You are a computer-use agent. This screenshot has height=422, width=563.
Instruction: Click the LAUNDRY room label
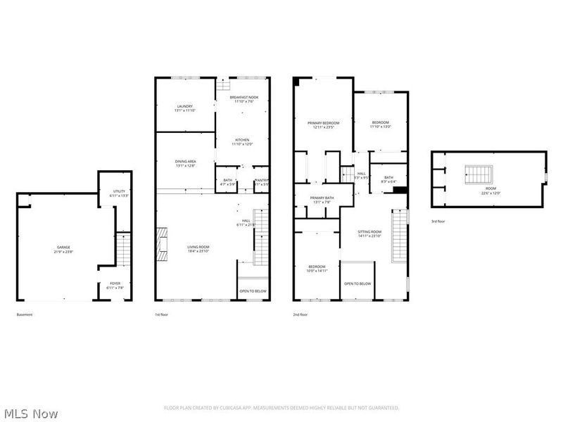tap(184, 108)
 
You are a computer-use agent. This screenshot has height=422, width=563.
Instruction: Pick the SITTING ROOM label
tap(369, 234)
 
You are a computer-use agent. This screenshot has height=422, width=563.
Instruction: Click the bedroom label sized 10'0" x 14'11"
tap(316, 269)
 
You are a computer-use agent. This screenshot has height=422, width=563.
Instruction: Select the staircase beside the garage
tap(124, 249)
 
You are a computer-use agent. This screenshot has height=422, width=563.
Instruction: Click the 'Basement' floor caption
tap(25, 314)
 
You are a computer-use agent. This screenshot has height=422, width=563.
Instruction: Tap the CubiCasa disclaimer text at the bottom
tap(281, 407)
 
